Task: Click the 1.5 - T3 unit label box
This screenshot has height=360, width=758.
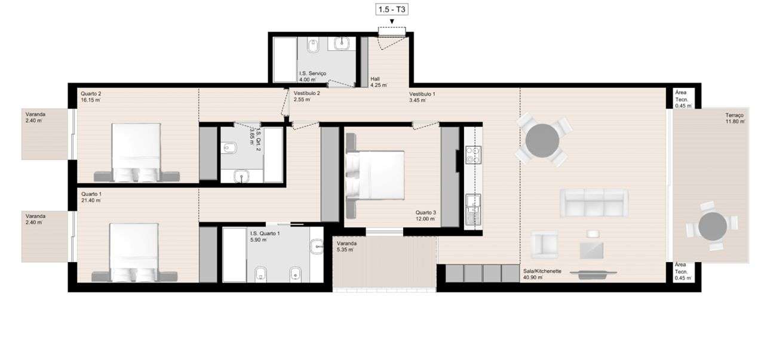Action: click(x=392, y=9)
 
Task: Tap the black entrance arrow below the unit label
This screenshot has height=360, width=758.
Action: click(x=392, y=23)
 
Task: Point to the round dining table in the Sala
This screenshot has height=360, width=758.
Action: click(x=542, y=140)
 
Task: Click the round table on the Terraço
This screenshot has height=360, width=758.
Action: click(x=712, y=227)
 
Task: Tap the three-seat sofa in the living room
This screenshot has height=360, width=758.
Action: click(x=594, y=204)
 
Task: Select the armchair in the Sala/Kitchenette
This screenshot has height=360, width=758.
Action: click(x=544, y=245)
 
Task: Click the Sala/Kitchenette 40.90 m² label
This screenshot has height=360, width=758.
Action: click(x=541, y=274)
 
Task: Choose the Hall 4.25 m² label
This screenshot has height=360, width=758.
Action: click(x=378, y=82)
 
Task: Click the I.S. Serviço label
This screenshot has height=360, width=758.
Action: click(x=312, y=76)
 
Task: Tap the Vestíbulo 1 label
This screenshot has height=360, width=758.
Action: click(x=422, y=97)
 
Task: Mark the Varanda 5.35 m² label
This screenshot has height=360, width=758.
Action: click(x=345, y=247)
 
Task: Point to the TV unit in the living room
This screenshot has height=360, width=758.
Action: click(x=593, y=274)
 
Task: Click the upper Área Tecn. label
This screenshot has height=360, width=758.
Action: click(x=683, y=99)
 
